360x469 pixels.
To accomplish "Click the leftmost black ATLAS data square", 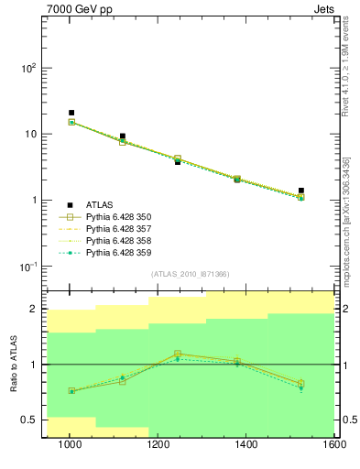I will point(71,113).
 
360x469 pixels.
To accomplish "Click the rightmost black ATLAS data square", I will point(300,191).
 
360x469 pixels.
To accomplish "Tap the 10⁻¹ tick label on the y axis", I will point(25,267).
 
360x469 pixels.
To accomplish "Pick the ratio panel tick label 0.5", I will point(28,420).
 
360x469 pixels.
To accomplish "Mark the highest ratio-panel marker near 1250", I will point(178,354).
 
